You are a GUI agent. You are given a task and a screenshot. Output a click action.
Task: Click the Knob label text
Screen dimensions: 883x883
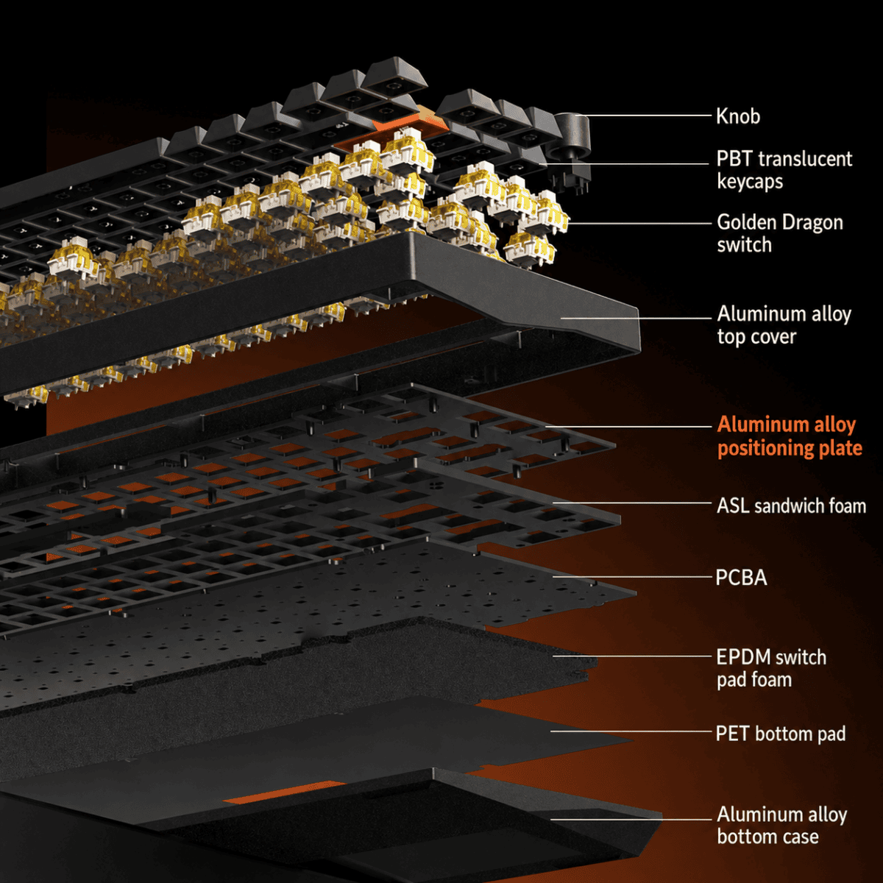738,116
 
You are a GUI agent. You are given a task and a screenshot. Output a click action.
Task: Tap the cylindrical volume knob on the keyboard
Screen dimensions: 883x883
572,136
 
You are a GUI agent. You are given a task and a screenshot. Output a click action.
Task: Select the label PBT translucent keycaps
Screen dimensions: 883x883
784,170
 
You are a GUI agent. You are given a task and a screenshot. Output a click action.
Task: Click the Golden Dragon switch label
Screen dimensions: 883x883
780,233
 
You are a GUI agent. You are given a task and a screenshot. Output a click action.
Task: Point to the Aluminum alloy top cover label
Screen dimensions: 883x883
784,325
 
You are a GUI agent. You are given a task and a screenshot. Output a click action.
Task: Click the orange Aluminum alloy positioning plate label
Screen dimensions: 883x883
790,436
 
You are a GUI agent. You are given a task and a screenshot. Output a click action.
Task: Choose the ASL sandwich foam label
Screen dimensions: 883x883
791,506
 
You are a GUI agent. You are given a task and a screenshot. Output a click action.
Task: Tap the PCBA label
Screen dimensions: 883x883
742,578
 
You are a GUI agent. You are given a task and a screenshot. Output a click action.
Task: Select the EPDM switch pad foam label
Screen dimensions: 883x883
771,668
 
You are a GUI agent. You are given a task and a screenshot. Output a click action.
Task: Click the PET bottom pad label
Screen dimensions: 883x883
781,734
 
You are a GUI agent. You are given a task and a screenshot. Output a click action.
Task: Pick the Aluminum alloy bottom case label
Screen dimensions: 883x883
781,826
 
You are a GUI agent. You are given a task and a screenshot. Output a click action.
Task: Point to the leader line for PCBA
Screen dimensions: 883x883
632,577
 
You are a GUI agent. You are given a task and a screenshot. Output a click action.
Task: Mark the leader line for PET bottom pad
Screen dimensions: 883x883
631,731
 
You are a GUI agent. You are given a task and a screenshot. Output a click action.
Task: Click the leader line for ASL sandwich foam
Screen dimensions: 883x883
632,503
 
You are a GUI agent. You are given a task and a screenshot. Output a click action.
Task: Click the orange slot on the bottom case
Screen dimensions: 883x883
283,792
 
